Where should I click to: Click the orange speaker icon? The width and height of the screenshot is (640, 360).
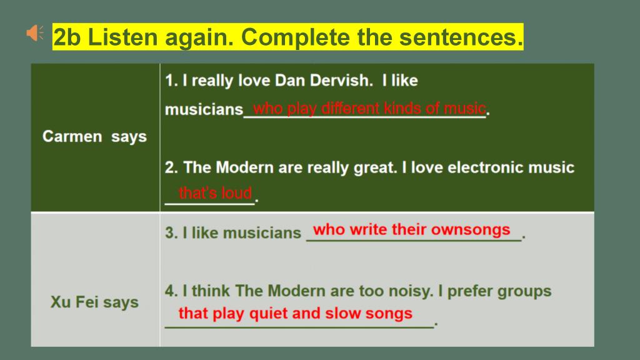click(35, 32)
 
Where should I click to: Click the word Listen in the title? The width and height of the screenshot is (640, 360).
click(122, 37)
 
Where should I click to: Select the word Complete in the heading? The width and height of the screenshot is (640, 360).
click(296, 37)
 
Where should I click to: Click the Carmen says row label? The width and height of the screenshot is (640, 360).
click(94, 137)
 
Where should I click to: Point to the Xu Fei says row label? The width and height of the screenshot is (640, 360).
click(94, 302)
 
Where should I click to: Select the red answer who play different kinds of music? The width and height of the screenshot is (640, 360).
click(369, 109)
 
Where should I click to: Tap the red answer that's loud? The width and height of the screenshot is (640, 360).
click(215, 192)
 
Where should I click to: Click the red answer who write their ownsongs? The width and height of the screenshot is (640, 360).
click(411, 230)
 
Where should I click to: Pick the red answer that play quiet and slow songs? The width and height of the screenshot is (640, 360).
click(296, 314)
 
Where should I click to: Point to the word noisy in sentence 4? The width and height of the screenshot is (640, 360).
click(409, 291)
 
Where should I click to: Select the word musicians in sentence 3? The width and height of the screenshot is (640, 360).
click(262, 233)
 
